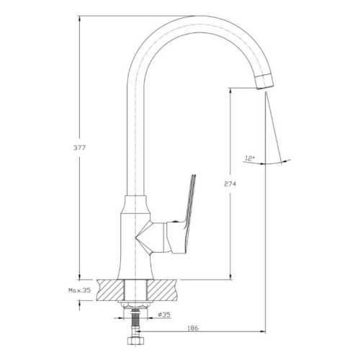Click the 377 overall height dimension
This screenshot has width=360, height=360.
pos(79,148)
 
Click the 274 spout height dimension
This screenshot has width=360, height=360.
pos(230,184)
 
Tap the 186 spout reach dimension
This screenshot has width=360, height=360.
pos(193,328)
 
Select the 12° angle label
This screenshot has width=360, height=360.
pos(250,158)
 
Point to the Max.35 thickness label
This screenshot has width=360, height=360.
pos(80,290)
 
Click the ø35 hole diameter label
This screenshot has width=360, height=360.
pos(164,315)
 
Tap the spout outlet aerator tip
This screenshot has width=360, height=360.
pos(264,81)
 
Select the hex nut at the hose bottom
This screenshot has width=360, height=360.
pos(135,341)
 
